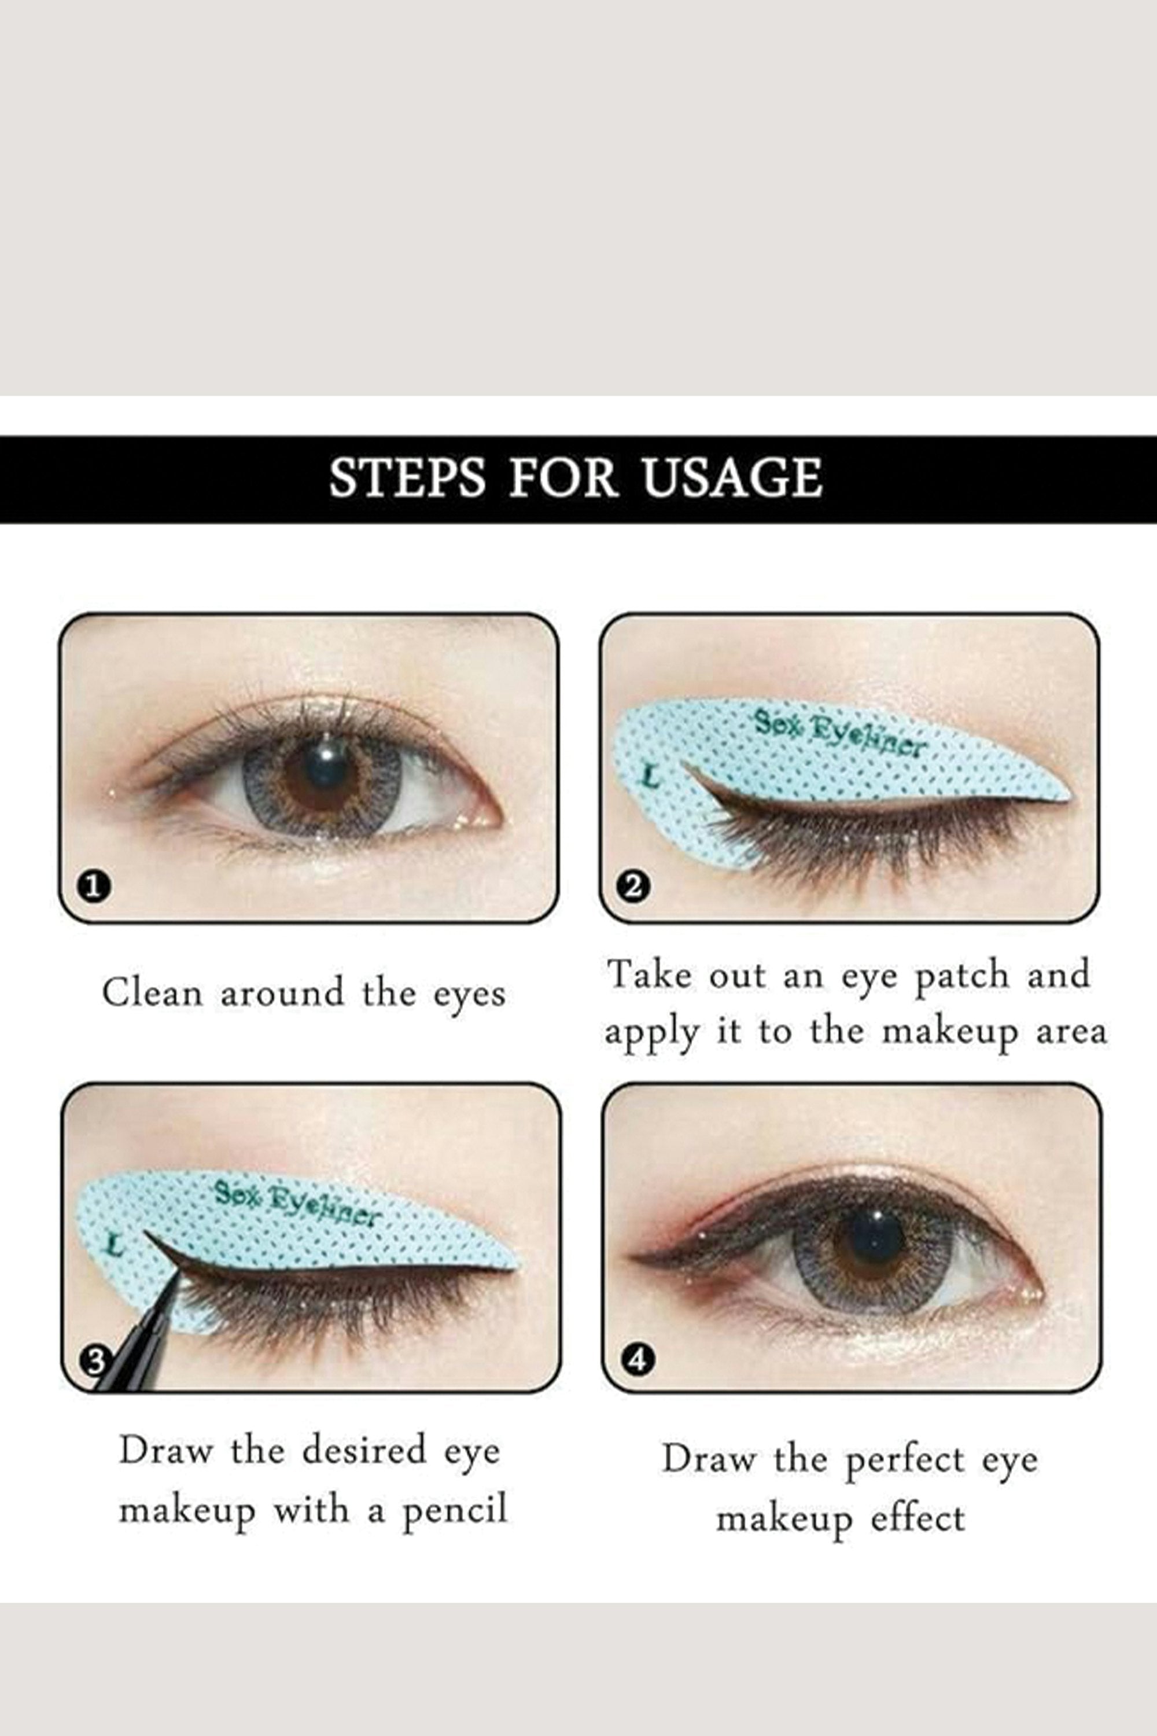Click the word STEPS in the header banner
[407, 479]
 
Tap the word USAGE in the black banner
[731, 479]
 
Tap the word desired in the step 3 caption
[364, 1450]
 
